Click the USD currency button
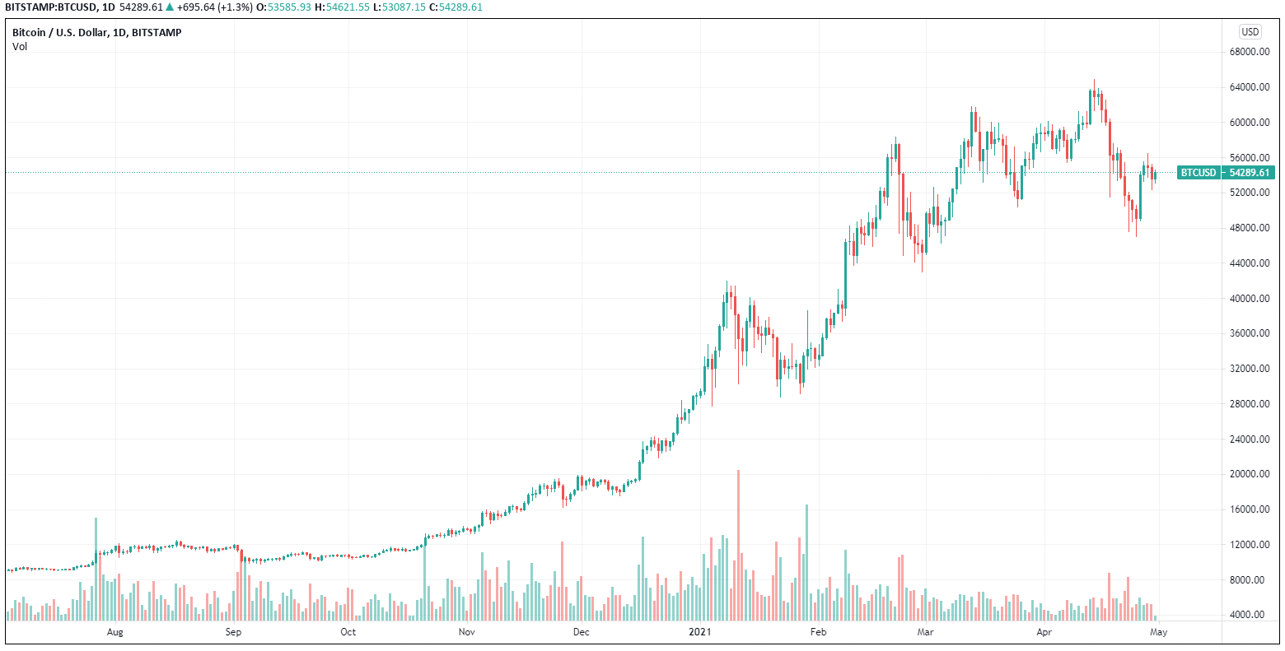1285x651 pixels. (1250, 32)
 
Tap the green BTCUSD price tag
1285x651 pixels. (1226, 173)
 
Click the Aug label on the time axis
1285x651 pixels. (115, 632)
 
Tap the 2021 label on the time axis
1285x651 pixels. (699, 632)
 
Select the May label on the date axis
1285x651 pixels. (1159, 632)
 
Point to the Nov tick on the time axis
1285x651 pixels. (467, 632)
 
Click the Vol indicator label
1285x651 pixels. (20, 47)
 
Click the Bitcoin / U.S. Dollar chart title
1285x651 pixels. (96, 33)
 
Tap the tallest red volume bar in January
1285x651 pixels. (738, 543)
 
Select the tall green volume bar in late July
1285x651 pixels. (96, 568)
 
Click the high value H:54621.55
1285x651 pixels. (343, 7)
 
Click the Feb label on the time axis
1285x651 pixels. (818, 632)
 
